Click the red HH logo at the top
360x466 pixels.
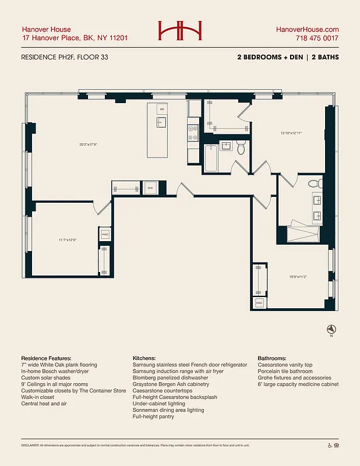(x=179, y=31)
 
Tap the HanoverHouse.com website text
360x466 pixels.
(x=306, y=29)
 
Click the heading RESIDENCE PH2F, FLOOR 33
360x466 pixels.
(x=64, y=57)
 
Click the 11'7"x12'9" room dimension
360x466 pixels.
(x=68, y=239)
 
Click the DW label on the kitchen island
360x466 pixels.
(x=162, y=109)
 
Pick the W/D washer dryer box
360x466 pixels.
(x=150, y=188)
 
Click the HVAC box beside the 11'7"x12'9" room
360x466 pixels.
(x=105, y=235)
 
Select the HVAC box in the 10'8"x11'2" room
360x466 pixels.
(x=259, y=303)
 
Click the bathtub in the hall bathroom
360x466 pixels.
(x=211, y=157)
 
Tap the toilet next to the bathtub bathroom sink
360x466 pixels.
(x=241, y=148)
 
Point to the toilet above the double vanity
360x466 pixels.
(x=315, y=183)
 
